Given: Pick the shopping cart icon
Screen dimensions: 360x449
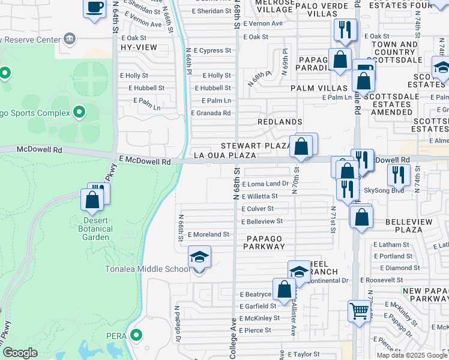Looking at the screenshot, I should coord(359,311).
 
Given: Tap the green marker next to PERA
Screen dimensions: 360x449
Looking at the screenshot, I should coord(137,335).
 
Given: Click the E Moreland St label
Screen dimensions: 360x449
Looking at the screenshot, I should coord(208,235).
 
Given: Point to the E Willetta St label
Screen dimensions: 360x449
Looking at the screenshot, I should coord(259,196).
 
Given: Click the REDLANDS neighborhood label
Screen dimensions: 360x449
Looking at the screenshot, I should coord(280,122).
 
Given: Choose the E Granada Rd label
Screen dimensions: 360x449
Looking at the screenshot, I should coord(211,113).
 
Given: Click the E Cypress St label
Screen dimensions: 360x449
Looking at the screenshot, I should coord(211,50).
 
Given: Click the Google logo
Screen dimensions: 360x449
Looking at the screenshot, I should coord(20,353).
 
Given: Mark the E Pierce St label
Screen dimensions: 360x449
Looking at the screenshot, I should coord(255,330).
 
